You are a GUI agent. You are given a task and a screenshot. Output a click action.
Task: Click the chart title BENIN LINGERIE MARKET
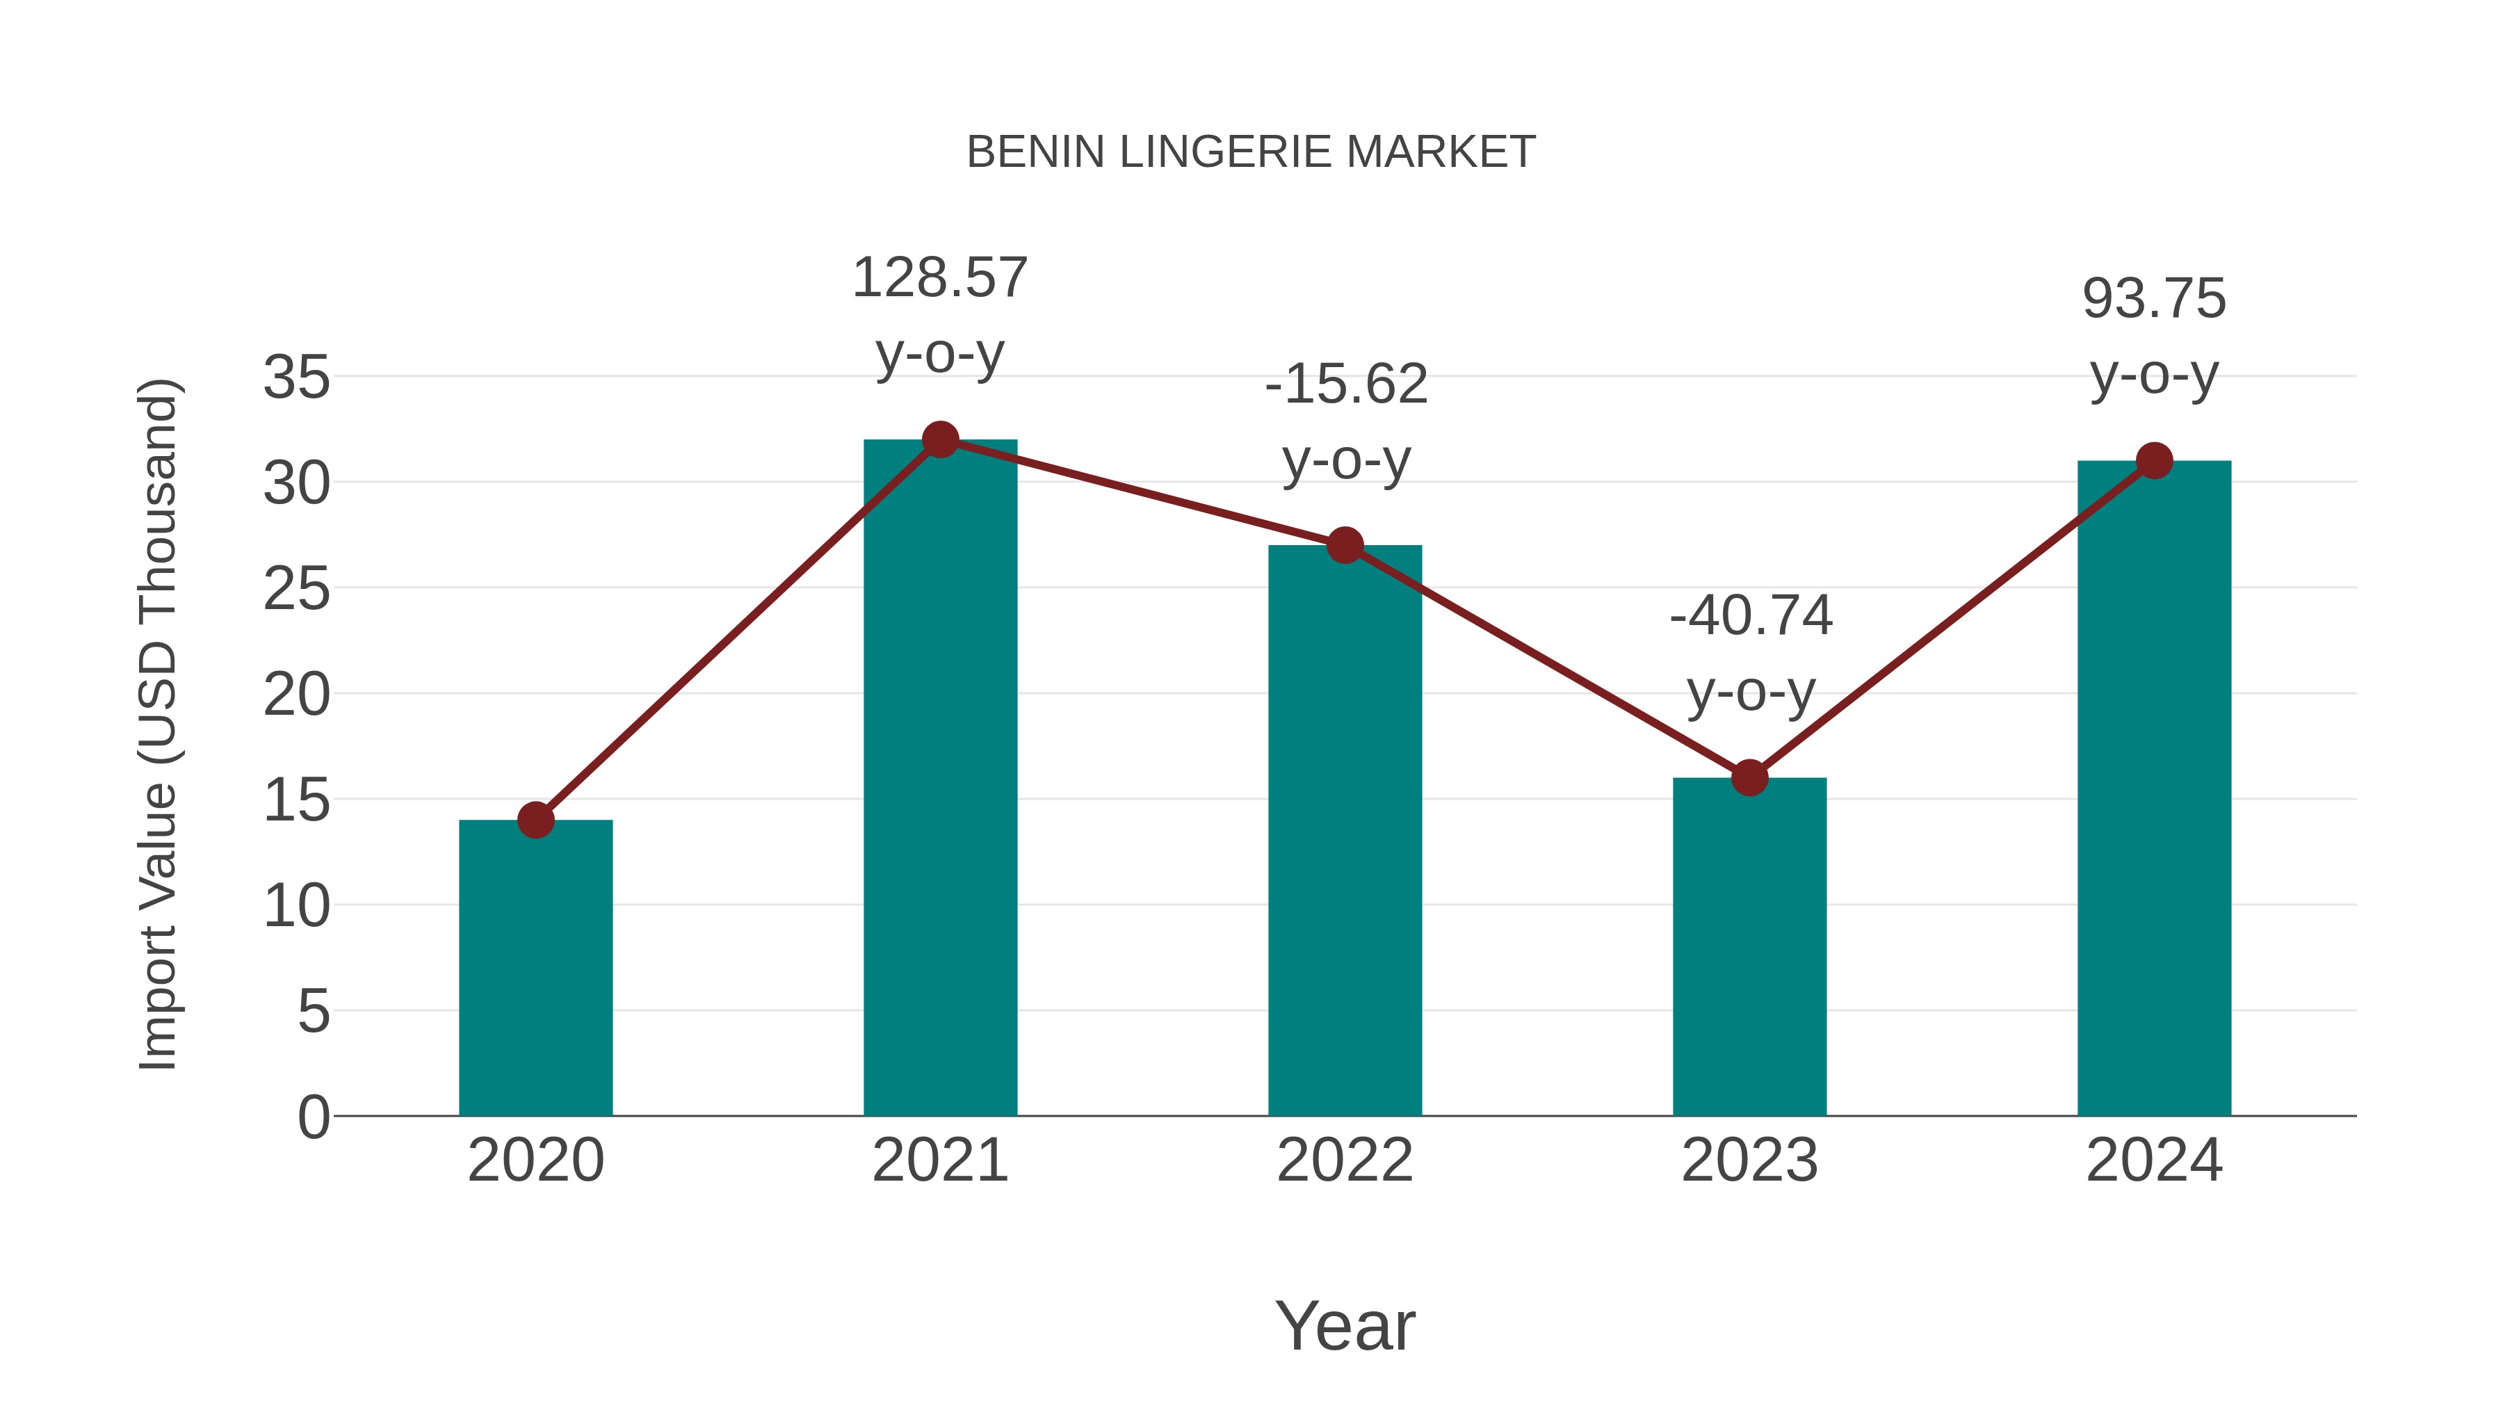[1251, 152]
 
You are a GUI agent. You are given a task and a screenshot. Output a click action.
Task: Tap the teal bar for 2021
[939, 777]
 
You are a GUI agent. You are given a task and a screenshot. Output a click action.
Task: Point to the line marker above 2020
[535, 820]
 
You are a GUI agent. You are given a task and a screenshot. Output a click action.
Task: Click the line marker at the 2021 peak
[939, 440]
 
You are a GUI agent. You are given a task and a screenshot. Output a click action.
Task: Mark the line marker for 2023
[1749, 777]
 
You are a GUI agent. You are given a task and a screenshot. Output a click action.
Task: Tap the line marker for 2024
[2154, 460]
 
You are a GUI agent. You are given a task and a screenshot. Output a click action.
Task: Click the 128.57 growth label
[939, 279]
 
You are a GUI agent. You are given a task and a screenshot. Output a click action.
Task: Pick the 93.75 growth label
[2154, 299]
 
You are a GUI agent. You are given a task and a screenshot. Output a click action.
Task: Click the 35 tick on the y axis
[296, 377]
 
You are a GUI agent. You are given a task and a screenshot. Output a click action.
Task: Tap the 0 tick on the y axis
[313, 1117]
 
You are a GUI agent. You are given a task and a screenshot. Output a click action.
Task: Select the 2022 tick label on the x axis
[1345, 1160]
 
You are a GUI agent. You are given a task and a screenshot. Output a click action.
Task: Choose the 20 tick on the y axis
[296, 695]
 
